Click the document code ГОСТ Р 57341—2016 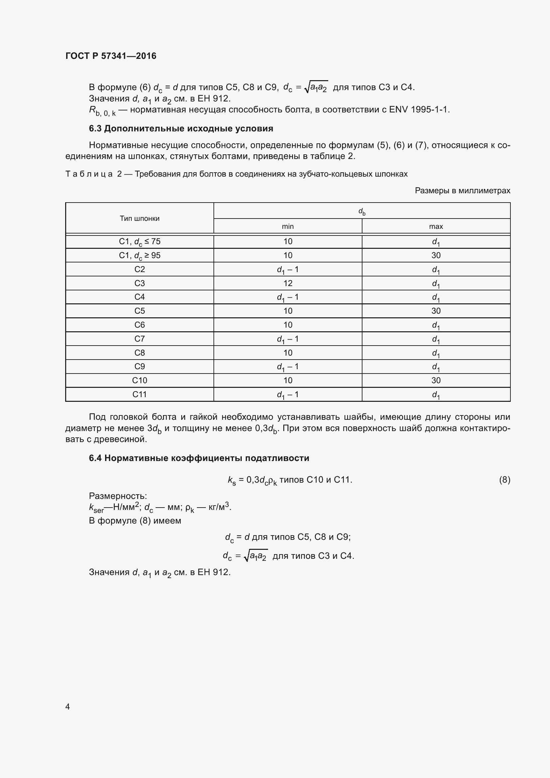(111, 56)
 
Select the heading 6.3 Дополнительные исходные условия (181, 128)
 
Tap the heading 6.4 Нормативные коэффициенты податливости (199, 458)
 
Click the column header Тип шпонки (140, 219)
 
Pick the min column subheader (288, 227)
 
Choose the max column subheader (436, 227)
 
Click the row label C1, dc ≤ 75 (140, 241)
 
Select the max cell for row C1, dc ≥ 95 (436, 255)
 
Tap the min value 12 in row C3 (288, 283)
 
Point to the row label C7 (140, 339)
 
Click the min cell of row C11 (288, 394)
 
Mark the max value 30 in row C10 (436, 381)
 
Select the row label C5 (140, 311)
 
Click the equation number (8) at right (504, 480)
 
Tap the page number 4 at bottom (68, 706)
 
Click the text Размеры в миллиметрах (462, 191)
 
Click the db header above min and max (362, 212)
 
